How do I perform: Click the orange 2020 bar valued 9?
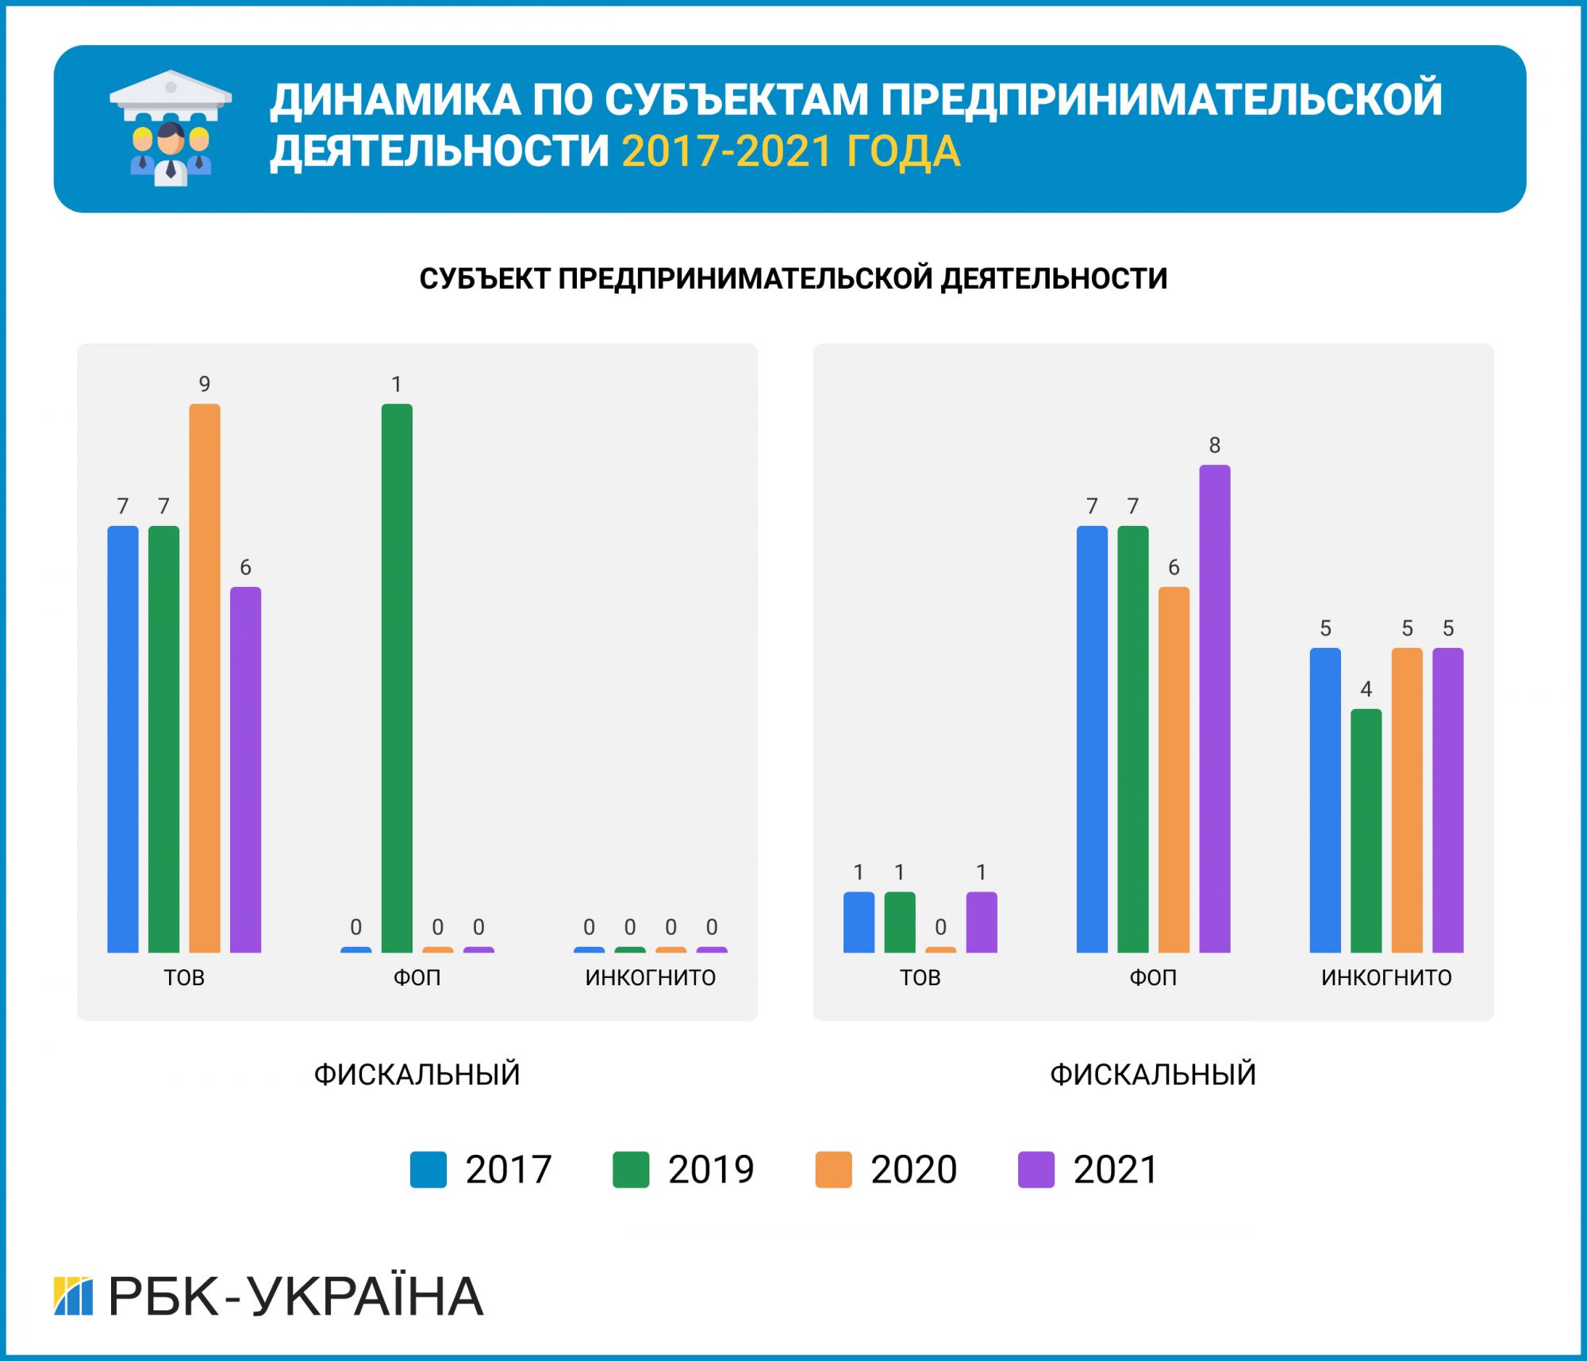205,678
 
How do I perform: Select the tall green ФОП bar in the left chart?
397,678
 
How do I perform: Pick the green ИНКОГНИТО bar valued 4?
1366,830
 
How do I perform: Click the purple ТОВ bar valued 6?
245,769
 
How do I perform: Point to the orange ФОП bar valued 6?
1174,769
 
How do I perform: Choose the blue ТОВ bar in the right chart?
859,922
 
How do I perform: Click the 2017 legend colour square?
428,1170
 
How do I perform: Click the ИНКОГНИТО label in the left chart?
650,977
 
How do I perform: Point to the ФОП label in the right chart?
1153,977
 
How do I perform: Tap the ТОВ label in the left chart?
184,977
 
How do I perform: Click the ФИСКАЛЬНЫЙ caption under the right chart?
1153,1075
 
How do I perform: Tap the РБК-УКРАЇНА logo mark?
73,1296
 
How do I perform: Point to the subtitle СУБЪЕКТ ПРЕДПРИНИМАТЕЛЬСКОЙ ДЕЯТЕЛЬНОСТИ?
793,278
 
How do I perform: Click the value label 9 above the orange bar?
205,385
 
